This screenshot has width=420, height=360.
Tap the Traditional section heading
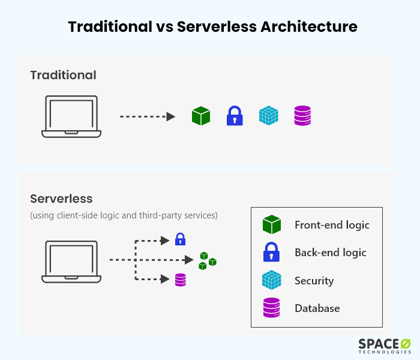(63, 75)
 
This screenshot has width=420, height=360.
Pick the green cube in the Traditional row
(201, 116)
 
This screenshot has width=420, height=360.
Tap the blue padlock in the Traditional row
(235, 116)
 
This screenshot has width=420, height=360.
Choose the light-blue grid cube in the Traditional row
(269, 116)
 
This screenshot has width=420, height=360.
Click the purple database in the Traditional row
(302, 116)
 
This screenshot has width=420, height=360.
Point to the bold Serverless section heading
(61, 199)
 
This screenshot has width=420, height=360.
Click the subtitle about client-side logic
(124, 215)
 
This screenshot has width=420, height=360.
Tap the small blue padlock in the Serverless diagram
(180, 239)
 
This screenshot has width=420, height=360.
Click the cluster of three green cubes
(207, 260)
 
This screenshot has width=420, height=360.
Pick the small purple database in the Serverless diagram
(180, 280)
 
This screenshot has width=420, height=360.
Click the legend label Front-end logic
(332, 225)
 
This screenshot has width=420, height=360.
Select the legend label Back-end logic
(330, 253)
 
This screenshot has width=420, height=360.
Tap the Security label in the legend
(314, 280)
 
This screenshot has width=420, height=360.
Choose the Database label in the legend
(317, 308)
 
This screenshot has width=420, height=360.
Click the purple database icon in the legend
(272, 308)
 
